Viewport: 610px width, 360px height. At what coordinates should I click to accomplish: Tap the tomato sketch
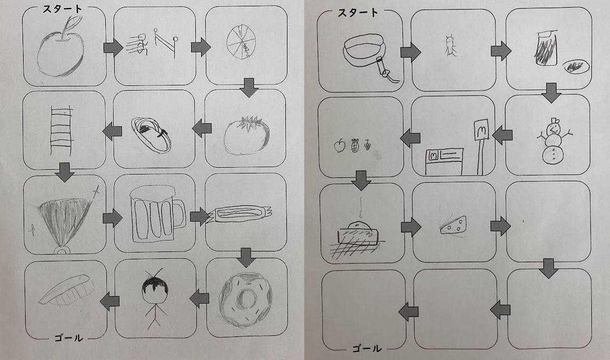(247, 135)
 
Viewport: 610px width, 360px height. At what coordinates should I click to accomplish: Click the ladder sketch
(61, 131)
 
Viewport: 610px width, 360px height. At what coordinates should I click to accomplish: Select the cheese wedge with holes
(453, 226)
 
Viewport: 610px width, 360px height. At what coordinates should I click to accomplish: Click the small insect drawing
(451, 46)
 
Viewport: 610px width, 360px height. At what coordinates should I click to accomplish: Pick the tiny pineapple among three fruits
(354, 145)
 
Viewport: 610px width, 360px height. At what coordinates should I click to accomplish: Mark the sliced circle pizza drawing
(241, 41)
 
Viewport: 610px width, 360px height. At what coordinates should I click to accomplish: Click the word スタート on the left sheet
(62, 8)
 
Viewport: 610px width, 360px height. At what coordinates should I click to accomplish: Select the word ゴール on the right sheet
(367, 348)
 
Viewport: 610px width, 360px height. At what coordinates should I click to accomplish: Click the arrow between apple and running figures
(113, 48)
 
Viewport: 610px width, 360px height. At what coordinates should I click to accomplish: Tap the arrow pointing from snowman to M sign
(502, 135)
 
